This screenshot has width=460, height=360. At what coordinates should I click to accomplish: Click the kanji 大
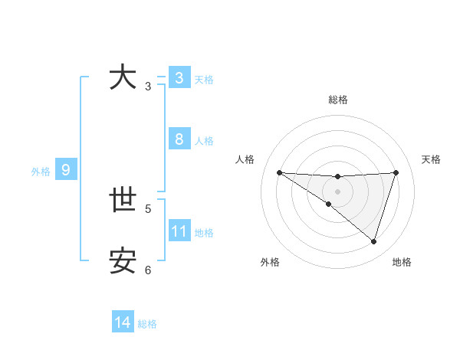point(123,78)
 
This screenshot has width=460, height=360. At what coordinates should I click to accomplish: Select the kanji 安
point(123,262)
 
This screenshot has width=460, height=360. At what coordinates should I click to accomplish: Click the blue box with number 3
point(179,78)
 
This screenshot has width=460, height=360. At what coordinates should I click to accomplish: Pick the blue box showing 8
point(179,139)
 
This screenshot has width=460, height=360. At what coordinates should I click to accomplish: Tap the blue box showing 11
point(179,231)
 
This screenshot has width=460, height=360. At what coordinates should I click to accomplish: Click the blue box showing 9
point(66,170)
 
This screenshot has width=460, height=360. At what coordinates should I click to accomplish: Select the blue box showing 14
point(123,323)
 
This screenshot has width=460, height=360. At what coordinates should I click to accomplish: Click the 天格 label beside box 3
point(204,80)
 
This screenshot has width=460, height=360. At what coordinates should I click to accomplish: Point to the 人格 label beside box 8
point(204,141)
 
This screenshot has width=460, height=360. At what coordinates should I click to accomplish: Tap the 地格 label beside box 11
point(204,233)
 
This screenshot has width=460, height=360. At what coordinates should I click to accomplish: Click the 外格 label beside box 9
point(41,172)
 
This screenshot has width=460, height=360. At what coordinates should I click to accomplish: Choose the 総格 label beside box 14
point(147,325)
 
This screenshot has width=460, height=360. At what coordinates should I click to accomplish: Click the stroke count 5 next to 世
point(148,208)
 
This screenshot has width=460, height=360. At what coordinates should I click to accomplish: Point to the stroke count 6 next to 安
point(148,270)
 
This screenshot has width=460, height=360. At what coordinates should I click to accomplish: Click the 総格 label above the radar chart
point(337,100)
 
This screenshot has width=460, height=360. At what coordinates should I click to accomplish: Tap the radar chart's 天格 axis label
point(431,159)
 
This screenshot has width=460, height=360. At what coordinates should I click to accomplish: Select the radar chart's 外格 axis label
point(270,262)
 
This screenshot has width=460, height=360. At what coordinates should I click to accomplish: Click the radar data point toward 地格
point(373,241)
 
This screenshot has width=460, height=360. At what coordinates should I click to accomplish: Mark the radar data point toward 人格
point(279,172)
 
